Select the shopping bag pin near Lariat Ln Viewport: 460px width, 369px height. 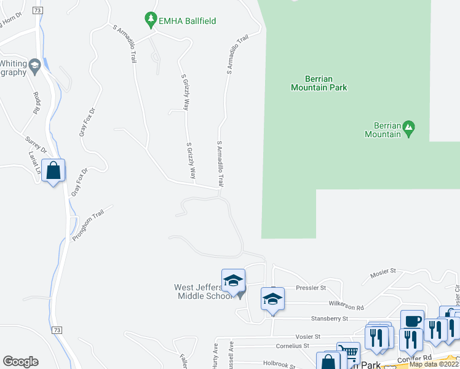click(x=54, y=172)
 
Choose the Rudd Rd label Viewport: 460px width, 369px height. click(x=36, y=103)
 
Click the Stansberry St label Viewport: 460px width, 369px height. click(x=328, y=319)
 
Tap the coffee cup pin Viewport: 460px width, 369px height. click(x=412, y=320)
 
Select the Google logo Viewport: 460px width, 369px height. click(x=20, y=362)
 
